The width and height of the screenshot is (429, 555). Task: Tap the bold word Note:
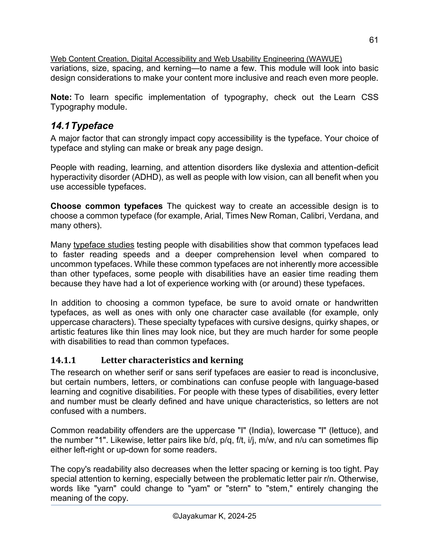click(x=61, y=97)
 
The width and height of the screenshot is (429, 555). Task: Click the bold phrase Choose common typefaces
click(x=106, y=206)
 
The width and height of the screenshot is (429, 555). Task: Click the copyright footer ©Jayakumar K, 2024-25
click(x=214, y=516)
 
